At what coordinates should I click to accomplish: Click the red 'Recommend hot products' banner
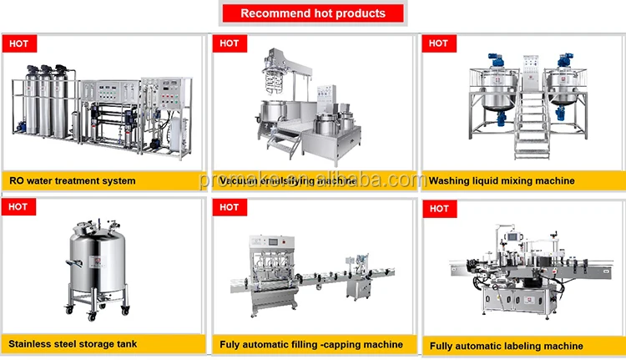pyautogui.click(x=313, y=13)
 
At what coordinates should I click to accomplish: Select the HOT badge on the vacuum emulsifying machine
pyautogui.click(x=229, y=43)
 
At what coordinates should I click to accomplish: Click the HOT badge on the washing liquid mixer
pyautogui.click(x=437, y=43)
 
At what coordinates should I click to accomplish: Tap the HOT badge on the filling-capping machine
pyautogui.click(x=229, y=207)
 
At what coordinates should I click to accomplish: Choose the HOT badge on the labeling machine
pyautogui.click(x=437, y=207)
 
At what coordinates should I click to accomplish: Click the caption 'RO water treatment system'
pyautogui.click(x=72, y=180)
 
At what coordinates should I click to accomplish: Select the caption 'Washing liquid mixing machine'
pyautogui.click(x=501, y=180)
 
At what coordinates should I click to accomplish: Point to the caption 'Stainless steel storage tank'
pyautogui.click(x=73, y=343)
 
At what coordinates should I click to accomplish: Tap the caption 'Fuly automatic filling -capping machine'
pyautogui.click(x=311, y=344)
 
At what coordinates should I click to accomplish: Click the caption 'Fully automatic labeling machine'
pyautogui.click(x=506, y=346)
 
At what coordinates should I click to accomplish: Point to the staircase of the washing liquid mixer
pyautogui.click(x=529, y=125)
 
